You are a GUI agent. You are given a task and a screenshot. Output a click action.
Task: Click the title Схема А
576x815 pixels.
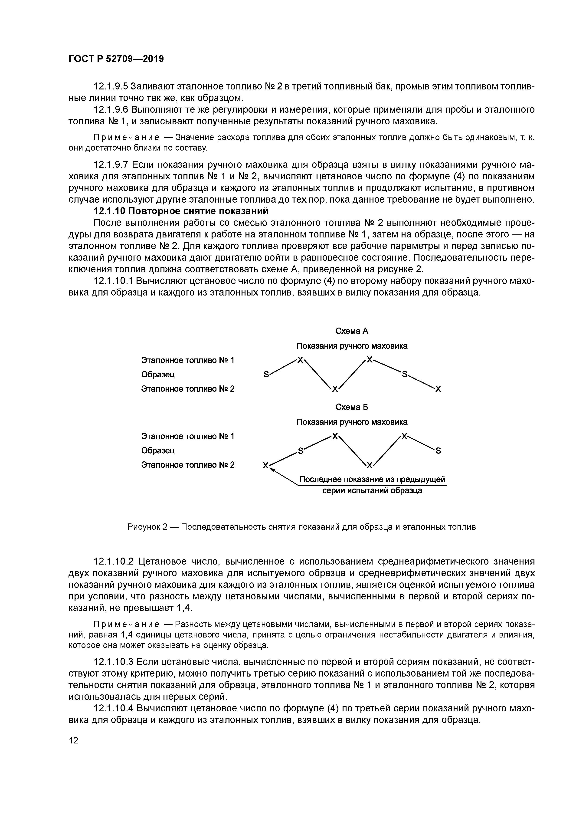[x=352, y=331]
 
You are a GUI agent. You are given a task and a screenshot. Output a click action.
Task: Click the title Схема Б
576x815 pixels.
[x=352, y=407]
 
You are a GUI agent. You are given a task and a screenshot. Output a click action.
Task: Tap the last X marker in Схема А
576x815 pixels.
[x=438, y=389]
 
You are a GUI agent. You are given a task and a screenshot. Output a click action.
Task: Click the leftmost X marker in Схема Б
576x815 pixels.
[x=265, y=465]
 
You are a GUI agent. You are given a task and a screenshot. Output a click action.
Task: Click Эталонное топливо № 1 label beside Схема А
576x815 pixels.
[x=188, y=360]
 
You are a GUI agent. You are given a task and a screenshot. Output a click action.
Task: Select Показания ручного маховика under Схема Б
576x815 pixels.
[x=352, y=422]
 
